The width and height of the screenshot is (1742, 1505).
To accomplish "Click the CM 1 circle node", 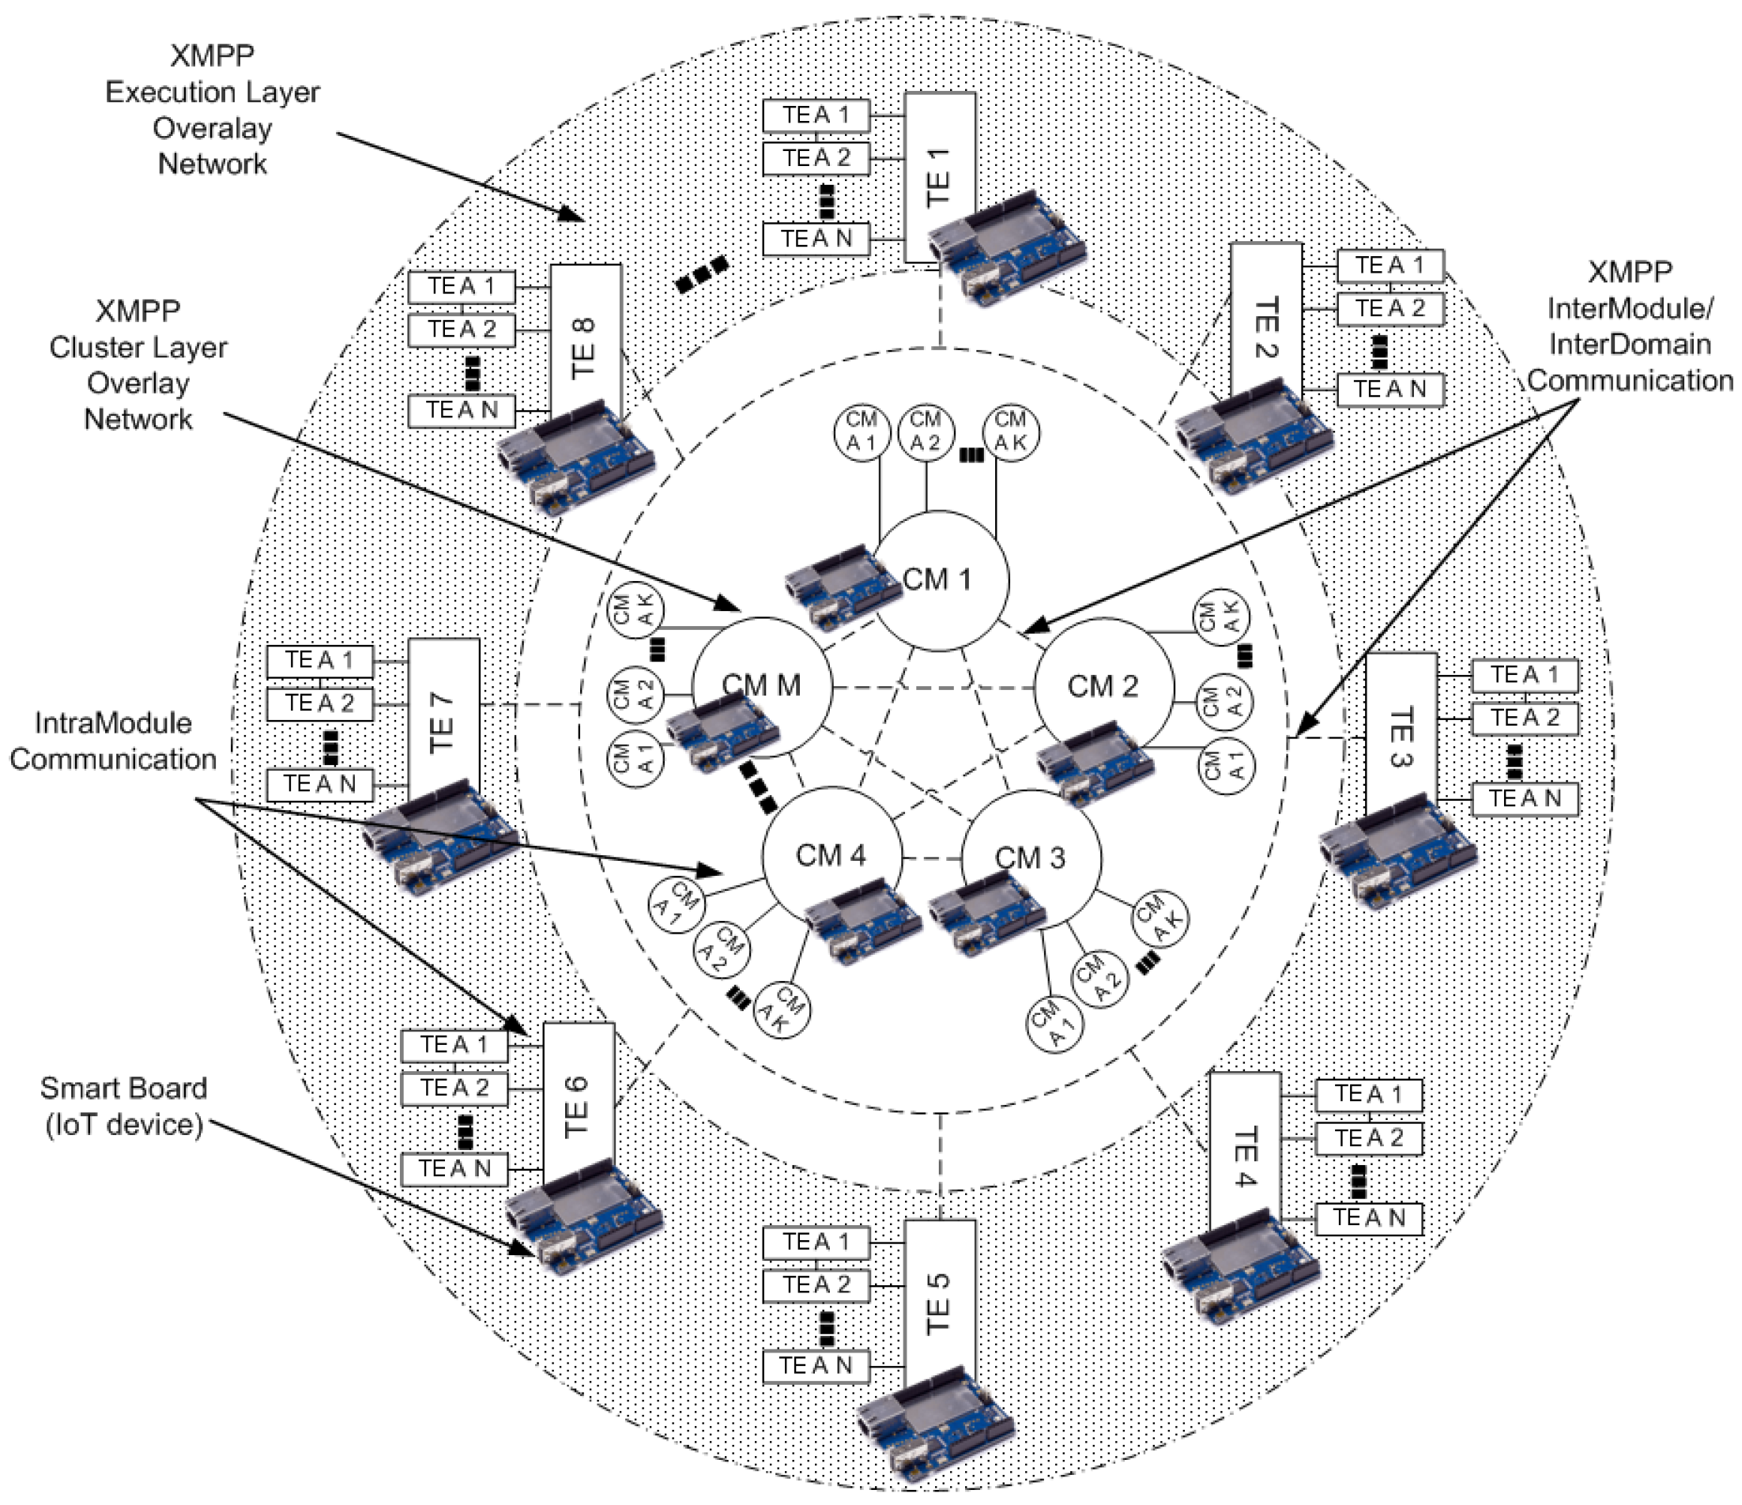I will [x=940, y=580].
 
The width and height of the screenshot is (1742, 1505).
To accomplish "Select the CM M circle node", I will [x=762, y=686].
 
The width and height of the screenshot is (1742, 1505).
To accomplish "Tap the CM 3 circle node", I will [x=1031, y=858].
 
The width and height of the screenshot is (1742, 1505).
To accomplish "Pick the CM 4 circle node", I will [x=831, y=856].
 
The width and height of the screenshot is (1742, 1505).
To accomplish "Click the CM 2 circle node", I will [x=1103, y=686].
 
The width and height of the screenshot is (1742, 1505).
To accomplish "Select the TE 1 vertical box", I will [x=939, y=176].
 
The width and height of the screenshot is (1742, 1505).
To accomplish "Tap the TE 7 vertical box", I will [x=444, y=723].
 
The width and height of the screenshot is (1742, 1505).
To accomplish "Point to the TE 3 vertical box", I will [x=1400, y=736].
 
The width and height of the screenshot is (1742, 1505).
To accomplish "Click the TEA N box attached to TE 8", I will [x=462, y=410].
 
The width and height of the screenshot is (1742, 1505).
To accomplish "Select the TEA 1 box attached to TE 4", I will [x=1369, y=1095].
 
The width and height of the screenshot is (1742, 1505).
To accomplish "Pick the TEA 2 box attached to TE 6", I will [x=454, y=1088].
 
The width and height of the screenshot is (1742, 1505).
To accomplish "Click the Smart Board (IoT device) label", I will [x=123, y=1106].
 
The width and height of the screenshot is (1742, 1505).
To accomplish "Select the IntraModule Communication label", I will [x=114, y=741].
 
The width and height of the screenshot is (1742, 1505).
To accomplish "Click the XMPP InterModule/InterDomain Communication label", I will [x=1629, y=326].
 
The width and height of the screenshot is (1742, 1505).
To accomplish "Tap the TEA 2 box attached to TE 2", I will [x=1390, y=308].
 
